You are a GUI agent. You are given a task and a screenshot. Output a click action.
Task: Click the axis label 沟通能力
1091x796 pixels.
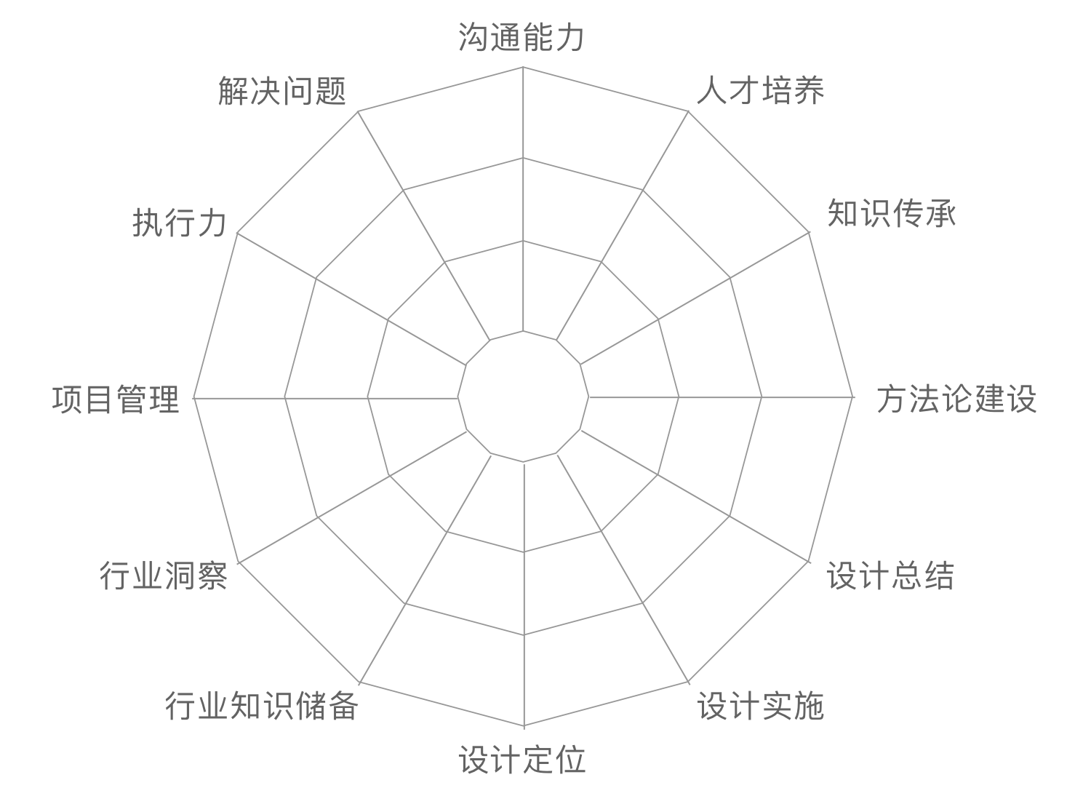521,37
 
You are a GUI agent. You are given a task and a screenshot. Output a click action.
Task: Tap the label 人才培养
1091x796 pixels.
760,90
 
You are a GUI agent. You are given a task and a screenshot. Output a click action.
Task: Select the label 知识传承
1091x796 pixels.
891,213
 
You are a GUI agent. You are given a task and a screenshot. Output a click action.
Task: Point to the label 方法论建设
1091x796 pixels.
956,399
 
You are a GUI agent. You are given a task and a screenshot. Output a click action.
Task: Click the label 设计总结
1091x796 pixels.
890,576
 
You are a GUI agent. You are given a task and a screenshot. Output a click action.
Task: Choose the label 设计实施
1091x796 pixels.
760,706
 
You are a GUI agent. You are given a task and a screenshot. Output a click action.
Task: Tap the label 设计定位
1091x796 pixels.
521,759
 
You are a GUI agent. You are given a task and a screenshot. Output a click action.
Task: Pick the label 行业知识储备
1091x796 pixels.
262,706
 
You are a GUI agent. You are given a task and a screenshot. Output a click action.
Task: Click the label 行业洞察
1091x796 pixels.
164,576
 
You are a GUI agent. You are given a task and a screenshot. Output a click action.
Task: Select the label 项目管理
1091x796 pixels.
116,399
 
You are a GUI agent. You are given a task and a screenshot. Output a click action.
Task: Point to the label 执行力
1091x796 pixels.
180,223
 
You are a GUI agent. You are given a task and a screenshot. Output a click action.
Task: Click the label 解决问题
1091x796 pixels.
282,91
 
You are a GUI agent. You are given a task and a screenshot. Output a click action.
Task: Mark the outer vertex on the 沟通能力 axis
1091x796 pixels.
523,67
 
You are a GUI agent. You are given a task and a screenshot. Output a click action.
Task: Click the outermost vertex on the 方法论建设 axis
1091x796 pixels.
853,397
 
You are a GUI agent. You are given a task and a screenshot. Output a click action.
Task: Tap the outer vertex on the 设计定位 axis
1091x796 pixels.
524,726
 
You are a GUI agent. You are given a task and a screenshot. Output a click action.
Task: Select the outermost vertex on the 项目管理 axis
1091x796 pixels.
194,398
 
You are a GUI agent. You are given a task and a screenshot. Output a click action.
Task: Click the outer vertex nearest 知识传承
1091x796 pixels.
809,232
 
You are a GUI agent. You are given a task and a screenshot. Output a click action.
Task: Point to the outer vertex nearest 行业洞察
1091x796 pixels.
238,562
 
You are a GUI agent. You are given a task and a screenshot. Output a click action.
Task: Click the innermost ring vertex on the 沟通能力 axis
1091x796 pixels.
523,331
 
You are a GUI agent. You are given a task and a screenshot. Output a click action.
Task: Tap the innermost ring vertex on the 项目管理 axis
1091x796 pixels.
457,398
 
